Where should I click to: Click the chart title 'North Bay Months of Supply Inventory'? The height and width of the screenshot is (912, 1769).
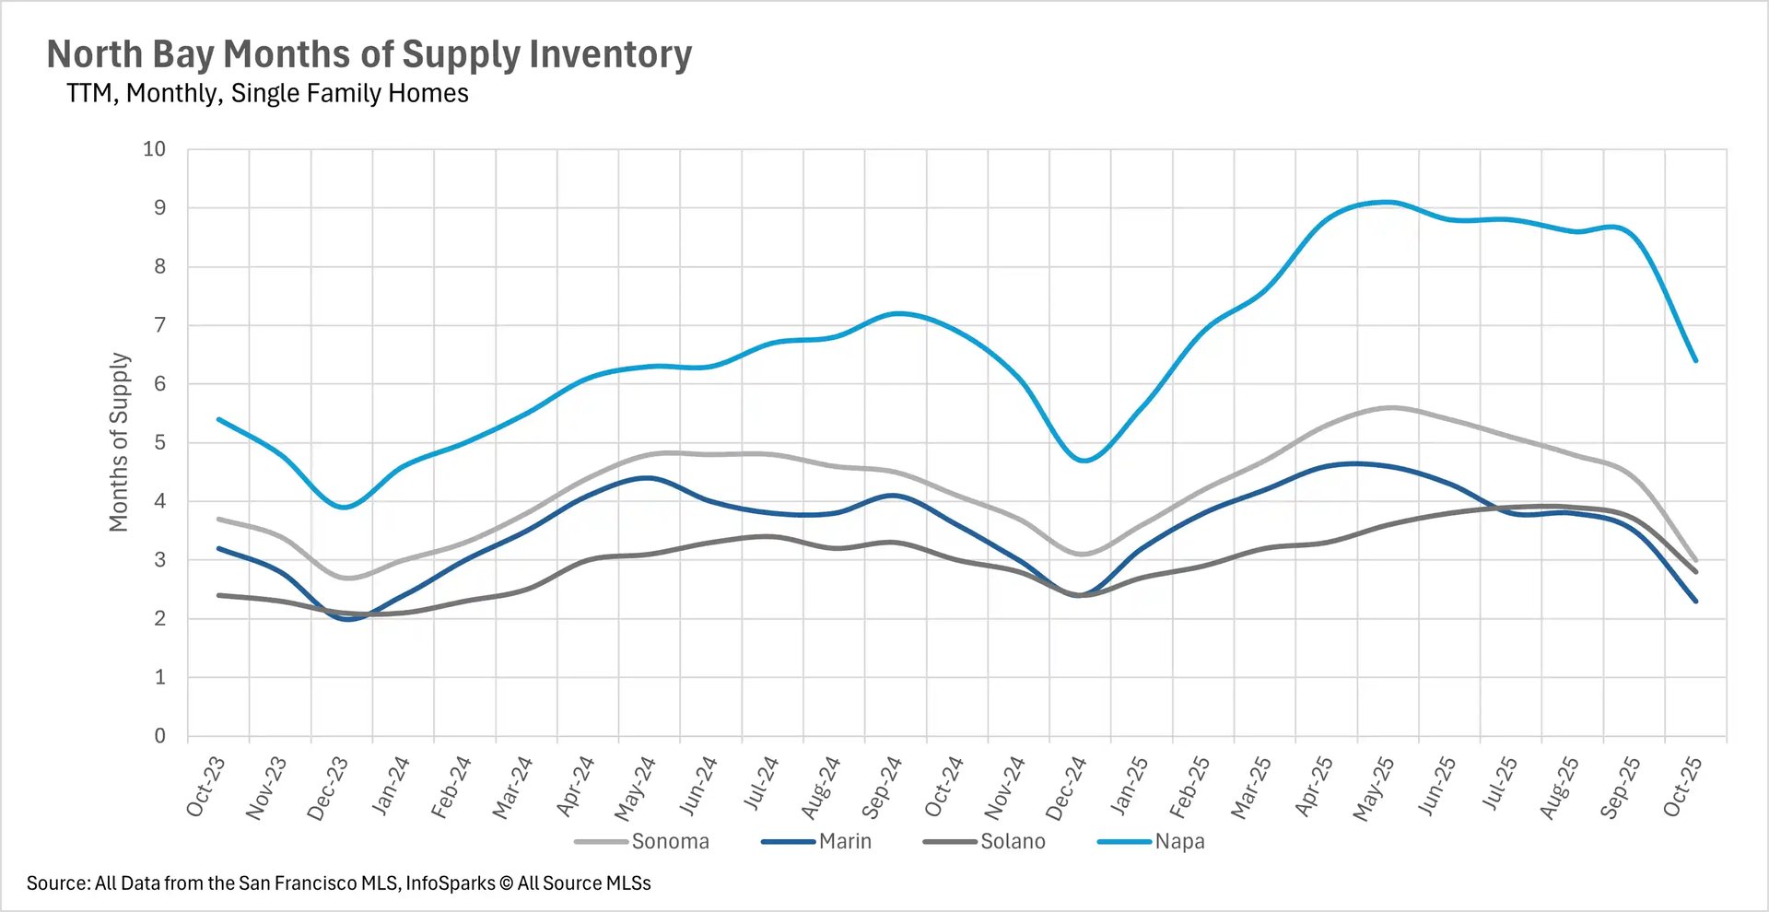369,55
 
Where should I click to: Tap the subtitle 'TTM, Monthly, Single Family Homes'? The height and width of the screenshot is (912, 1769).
267,94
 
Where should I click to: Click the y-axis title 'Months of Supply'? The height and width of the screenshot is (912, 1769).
119,442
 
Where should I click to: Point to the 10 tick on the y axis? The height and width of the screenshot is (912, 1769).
155,149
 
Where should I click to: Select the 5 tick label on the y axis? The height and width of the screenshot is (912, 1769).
160,443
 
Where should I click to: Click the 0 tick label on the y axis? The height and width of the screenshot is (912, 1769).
160,736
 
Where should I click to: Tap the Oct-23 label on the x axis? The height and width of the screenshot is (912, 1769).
205,787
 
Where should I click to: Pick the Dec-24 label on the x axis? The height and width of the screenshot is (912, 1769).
1066,789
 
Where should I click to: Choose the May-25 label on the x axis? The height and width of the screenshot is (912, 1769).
1373,789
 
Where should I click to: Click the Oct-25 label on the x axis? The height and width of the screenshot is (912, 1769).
1682,787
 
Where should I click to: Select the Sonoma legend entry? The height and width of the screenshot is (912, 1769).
670,841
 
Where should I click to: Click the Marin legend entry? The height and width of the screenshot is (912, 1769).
845,841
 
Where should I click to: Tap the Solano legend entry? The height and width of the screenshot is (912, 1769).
1013,841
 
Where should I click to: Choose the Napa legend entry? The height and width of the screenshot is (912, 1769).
1179,841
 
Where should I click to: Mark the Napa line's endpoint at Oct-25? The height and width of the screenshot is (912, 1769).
1695,360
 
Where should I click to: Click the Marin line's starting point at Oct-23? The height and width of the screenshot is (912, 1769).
218,548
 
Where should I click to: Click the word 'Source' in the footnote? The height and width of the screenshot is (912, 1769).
58,883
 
